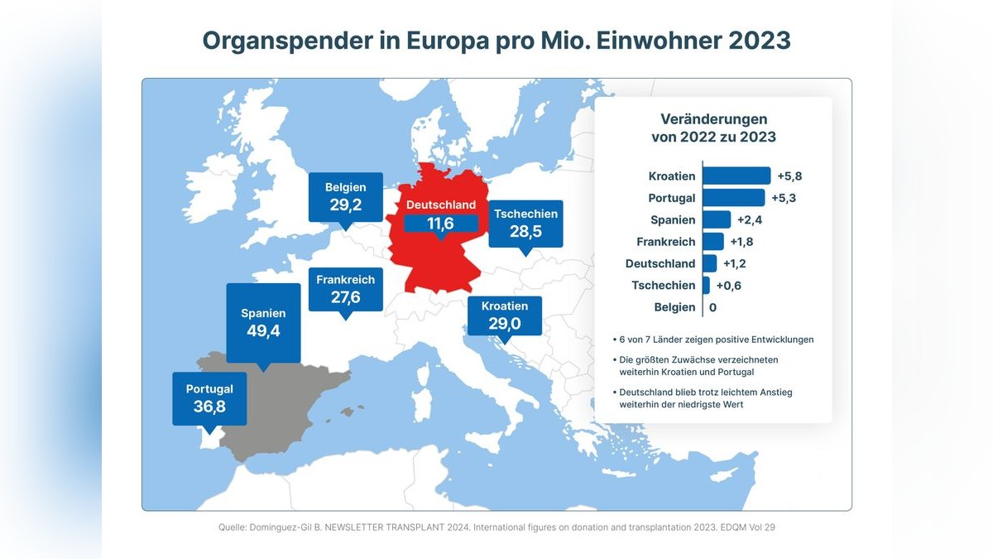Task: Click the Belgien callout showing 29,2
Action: pos(345,196)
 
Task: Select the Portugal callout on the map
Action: pos(209,398)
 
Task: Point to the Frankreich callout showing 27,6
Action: pos(345,288)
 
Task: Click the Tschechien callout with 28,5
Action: pos(525,223)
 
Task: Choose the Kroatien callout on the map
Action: pos(504,315)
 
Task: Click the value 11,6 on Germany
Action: pos(440,224)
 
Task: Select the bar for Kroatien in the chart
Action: pos(736,176)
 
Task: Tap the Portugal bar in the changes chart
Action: pos(733,198)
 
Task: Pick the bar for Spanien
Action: pos(717,219)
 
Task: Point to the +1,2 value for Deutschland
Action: pos(735,263)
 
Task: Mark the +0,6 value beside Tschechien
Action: pos(728,286)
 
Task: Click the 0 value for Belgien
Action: pos(712,307)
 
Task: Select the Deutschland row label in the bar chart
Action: pos(660,263)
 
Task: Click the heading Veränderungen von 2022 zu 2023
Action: pos(713,128)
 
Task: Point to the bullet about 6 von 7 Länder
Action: pos(716,339)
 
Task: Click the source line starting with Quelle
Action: pos(496,527)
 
